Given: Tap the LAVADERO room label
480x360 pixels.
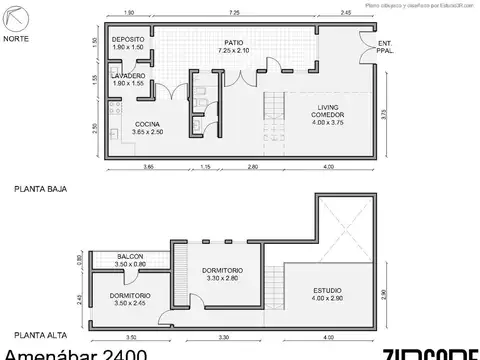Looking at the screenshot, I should coord(127,76).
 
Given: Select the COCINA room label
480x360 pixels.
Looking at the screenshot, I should coord(140,125).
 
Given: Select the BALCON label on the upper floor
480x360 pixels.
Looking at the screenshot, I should coord(129,257).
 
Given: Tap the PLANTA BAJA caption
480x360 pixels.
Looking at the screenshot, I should coord(34,188).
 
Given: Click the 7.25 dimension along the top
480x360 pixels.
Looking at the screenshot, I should coord(232,13).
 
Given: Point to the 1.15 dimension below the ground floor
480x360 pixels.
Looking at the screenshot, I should coord(204,165).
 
